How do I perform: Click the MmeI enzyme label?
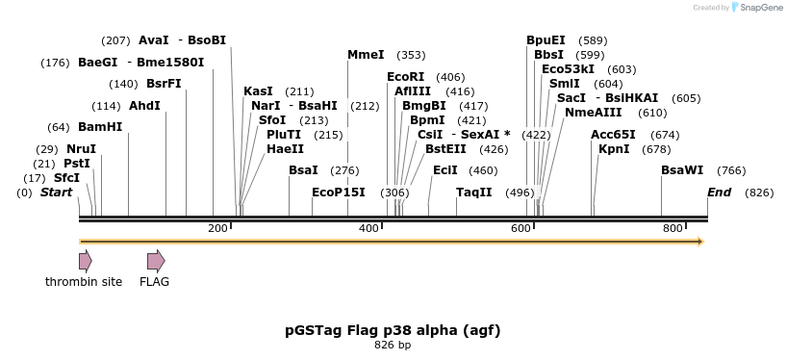pos(366,55)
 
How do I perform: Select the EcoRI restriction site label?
pos(405,77)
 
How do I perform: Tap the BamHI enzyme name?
pos(100,127)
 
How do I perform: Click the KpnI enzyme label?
pos(614,149)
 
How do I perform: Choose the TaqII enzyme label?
pos(474,193)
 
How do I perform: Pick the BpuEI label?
pos(546,40)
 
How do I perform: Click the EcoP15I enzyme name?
pos(339,193)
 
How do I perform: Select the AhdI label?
pos(144,106)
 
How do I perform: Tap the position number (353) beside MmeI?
pos(411,56)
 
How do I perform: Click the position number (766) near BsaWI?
pos(731,171)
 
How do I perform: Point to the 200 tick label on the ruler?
pos(216,228)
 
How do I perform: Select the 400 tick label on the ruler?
pos(368,228)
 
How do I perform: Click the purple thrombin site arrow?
pos(86,260)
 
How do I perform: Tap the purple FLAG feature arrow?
pos(156,260)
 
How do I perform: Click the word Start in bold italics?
pos(57,193)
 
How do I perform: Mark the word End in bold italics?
pos(720,193)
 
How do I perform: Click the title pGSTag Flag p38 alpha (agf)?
pos(393,330)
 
